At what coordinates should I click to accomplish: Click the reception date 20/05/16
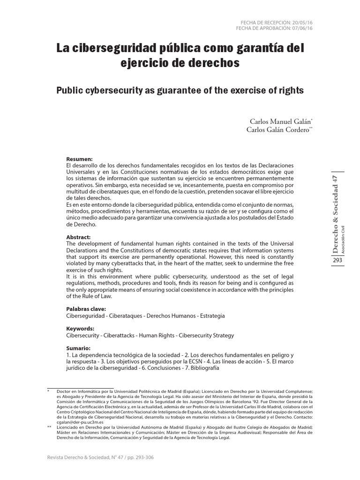(301, 22)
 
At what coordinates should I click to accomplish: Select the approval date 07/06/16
(301, 29)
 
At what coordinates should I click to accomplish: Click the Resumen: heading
(80, 159)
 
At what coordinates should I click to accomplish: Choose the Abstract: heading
(79, 238)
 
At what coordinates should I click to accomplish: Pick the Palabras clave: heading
(86, 309)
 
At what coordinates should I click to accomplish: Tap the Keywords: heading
(80, 329)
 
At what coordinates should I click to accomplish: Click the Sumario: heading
(78, 349)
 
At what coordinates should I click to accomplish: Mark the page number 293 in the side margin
(337, 261)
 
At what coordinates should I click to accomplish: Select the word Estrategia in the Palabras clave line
(210, 315)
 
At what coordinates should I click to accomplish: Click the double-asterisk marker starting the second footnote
(50, 427)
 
